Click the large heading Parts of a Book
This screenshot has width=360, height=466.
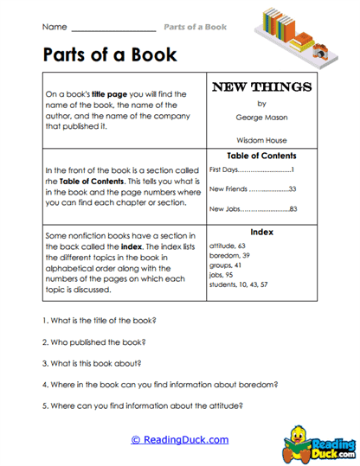coord(109,56)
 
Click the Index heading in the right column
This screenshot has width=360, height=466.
coord(261,232)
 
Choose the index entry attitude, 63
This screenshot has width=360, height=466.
coord(228,246)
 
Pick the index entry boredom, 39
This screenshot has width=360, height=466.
coord(229,255)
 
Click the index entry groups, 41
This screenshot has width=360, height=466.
coord(226,265)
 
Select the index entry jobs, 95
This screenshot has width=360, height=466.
coord(222,274)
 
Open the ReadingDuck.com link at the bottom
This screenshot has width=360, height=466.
coord(180,440)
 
